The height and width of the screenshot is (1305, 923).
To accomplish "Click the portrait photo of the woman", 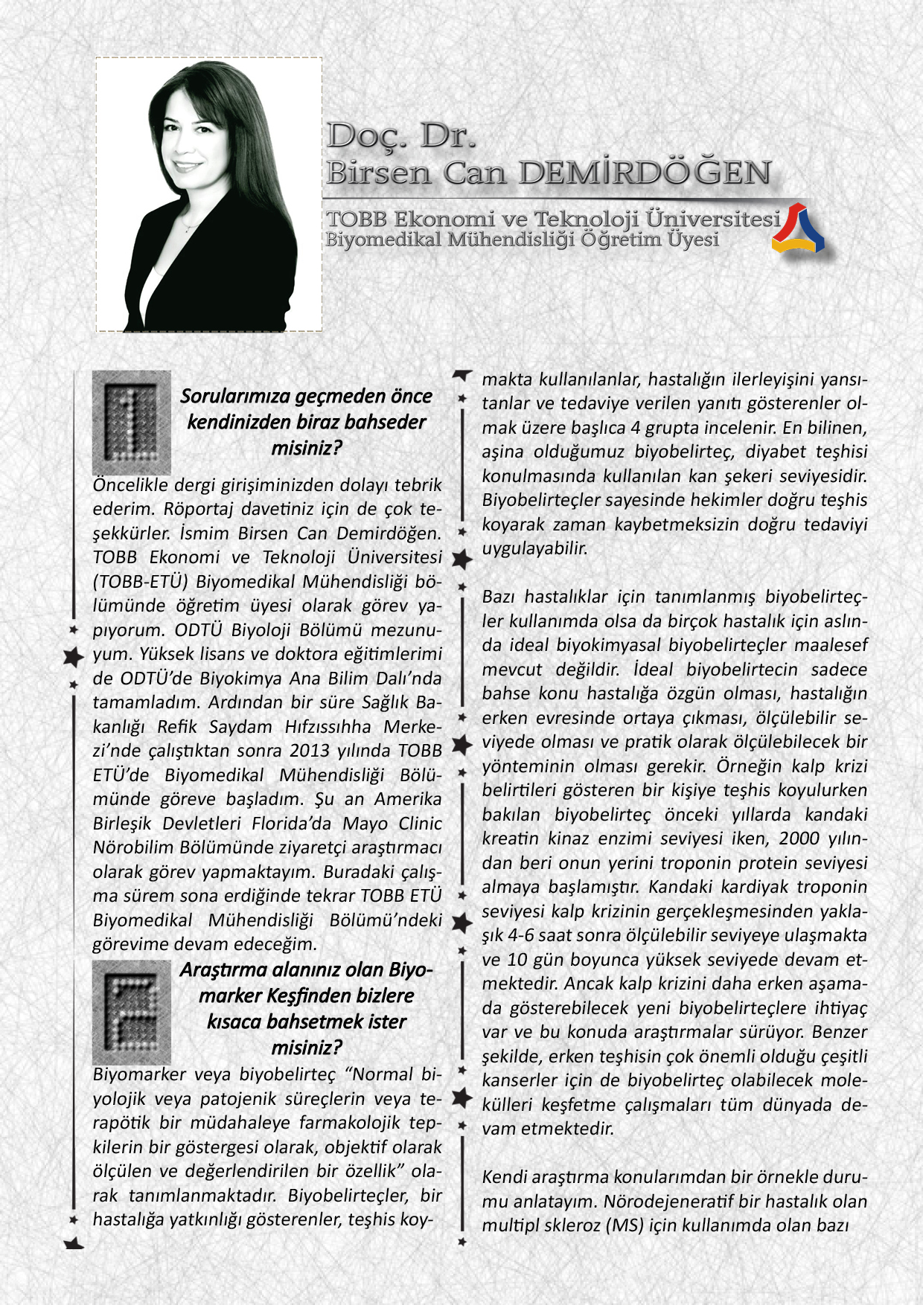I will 209,195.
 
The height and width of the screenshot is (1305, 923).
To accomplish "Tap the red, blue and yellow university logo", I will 798,228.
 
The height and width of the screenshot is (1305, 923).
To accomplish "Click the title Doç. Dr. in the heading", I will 400,135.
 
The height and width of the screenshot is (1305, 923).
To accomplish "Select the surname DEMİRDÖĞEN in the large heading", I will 645,173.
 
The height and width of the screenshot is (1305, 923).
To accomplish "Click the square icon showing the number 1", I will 132,421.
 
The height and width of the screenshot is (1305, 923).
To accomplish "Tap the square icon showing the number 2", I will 132,1011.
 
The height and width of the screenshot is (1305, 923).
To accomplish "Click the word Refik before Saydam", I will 176,726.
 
